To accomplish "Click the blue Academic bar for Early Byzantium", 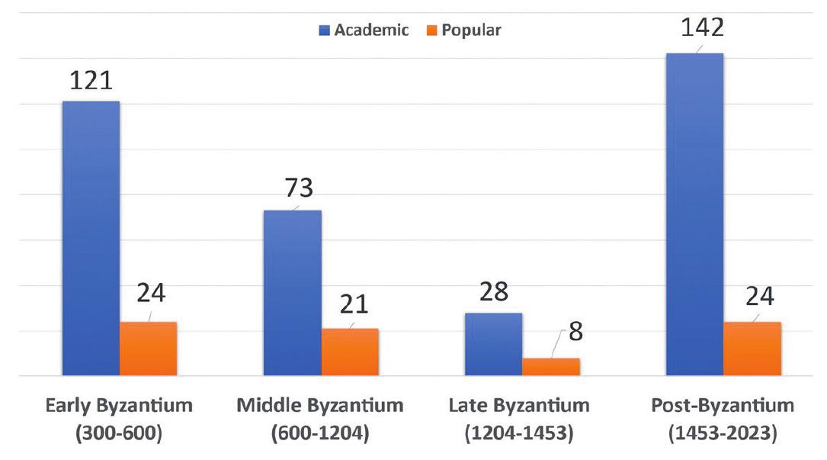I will [x=90, y=238].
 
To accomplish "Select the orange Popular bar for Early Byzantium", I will [x=148, y=349].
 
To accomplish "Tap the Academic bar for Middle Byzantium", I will [x=292, y=293].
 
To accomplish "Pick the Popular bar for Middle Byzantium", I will [x=350, y=352].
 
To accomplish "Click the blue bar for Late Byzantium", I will [x=493, y=344].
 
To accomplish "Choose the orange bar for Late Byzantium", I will [x=550, y=367].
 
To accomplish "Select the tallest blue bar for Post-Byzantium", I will [x=694, y=214].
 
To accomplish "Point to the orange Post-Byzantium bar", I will [x=752, y=349].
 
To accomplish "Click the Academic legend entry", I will [x=364, y=31].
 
